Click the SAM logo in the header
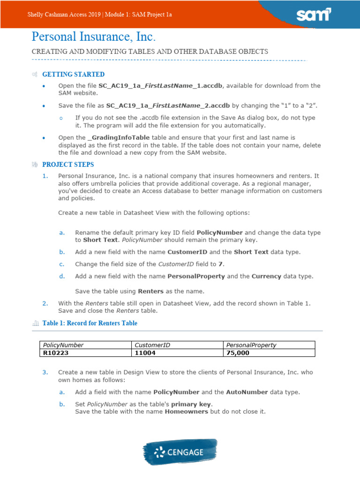click(x=314, y=15)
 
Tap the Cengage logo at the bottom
click(x=180, y=452)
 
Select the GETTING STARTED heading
click(x=73, y=75)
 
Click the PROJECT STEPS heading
click(x=68, y=165)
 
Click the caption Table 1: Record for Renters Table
click(x=90, y=323)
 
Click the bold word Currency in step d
click(x=266, y=276)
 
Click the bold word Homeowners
click(x=186, y=412)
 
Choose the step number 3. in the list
click(x=45, y=372)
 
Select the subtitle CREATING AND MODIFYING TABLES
click(x=150, y=52)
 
